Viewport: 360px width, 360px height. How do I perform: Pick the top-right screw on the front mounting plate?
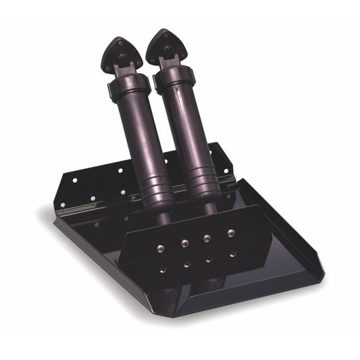point(232,233)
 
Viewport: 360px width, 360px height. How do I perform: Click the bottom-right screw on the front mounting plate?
point(233,254)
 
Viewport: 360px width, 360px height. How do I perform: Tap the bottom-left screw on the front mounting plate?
point(163,269)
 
